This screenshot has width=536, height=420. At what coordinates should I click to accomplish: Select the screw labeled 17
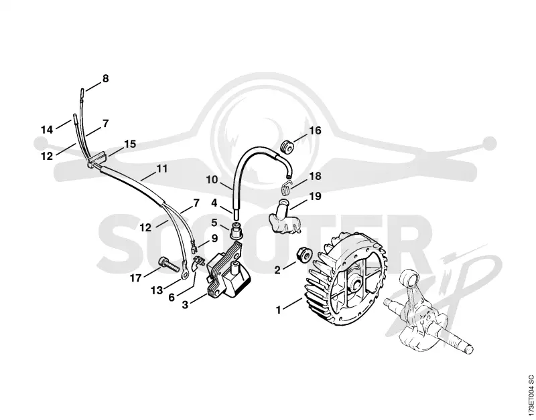(x=169, y=264)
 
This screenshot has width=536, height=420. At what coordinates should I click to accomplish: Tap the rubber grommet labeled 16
(x=287, y=146)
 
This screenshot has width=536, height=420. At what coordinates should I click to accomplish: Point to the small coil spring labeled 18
(x=287, y=187)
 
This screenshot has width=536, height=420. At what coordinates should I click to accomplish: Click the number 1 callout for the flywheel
(x=279, y=310)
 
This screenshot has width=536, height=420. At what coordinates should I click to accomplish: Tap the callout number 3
(x=185, y=304)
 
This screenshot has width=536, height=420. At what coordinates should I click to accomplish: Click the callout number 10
(x=212, y=179)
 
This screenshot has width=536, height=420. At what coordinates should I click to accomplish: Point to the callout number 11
(x=162, y=169)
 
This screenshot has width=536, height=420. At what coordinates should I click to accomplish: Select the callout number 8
(x=106, y=78)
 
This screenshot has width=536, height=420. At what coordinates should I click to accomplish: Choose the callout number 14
(x=47, y=130)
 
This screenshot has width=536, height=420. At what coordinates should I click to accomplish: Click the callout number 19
(x=315, y=196)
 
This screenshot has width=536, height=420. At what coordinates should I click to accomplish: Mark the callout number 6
(x=172, y=297)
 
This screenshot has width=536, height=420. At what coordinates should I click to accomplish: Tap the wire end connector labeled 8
(x=82, y=93)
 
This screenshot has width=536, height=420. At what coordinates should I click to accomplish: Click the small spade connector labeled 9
(x=193, y=245)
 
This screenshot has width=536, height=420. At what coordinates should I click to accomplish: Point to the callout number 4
(x=214, y=203)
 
